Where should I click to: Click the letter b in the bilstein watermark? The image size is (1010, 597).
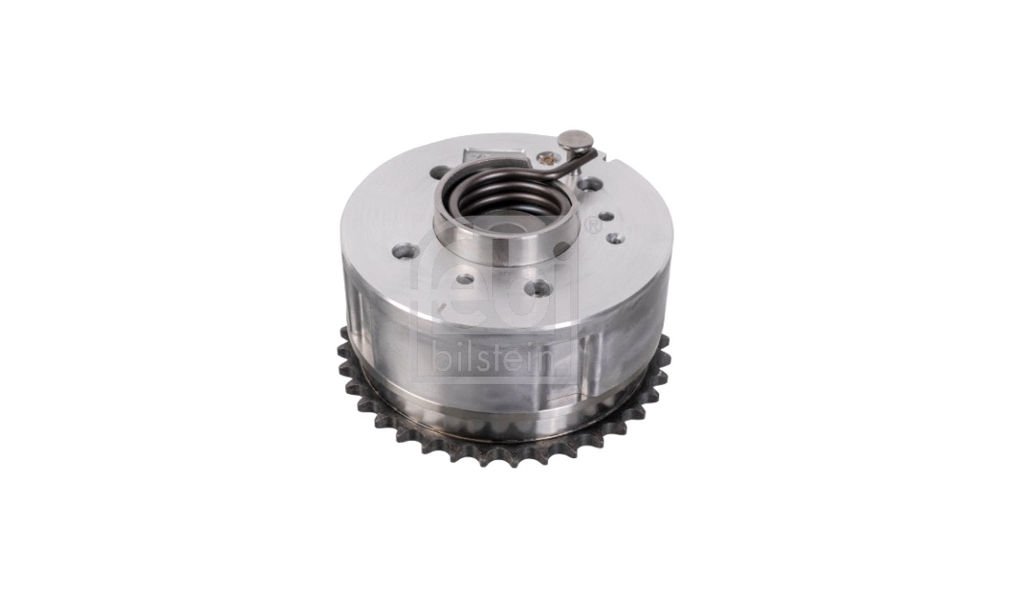(x=442, y=356)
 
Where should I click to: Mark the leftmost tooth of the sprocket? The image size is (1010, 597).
(x=342, y=353)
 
